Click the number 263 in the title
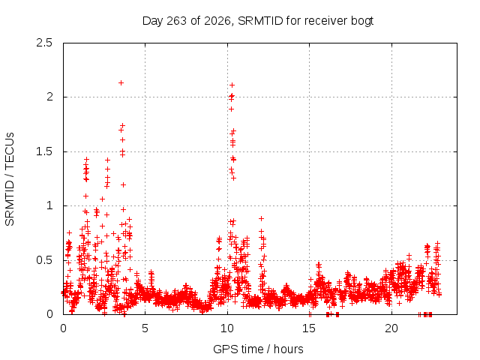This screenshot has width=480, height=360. (x=176, y=21)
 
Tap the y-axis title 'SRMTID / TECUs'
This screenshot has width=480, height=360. (x=10, y=179)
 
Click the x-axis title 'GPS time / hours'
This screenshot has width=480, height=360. (x=258, y=349)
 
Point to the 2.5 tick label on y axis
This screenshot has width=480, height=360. (x=44, y=43)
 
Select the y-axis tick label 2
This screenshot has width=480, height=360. (x=49, y=97)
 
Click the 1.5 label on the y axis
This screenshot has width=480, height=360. (x=44, y=151)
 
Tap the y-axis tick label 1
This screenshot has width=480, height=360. (x=50, y=205)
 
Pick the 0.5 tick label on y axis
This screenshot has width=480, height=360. (x=44, y=260)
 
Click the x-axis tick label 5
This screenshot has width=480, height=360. (x=145, y=328)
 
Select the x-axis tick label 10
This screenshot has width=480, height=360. (x=227, y=328)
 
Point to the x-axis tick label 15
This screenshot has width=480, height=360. (x=309, y=328)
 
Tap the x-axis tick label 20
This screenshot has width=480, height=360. (x=391, y=328)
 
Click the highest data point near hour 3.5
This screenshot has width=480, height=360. (x=121, y=82)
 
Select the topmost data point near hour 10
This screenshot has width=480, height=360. (x=232, y=85)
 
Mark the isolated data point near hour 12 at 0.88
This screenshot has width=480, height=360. (x=261, y=218)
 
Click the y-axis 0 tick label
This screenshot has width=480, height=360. (x=49, y=314)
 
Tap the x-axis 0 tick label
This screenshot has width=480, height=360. (x=63, y=328)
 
